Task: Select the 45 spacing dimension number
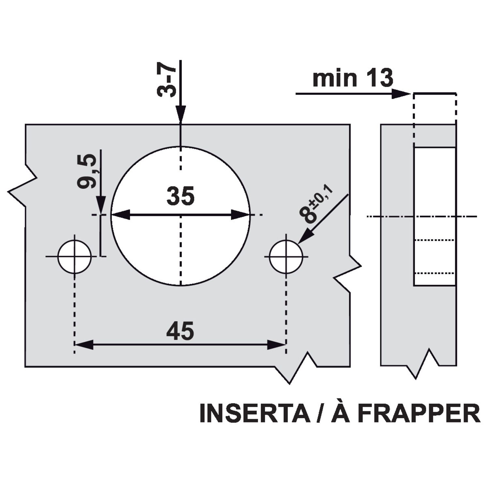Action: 180,331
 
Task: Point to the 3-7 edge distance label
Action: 166,81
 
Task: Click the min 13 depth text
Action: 353,79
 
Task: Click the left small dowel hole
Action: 75,257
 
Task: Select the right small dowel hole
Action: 286,257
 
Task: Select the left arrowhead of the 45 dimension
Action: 84,345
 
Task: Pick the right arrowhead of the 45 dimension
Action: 276,345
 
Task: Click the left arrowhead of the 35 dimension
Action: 121,215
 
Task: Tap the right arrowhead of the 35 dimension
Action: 241,215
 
